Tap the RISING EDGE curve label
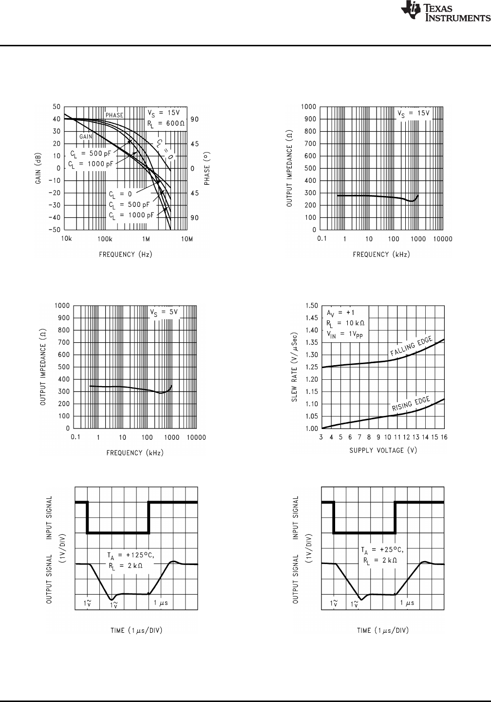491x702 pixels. pos(412,404)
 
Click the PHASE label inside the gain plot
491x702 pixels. pos(114,115)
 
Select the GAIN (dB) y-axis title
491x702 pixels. pos(38,168)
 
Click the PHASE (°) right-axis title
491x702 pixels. pos(207,168)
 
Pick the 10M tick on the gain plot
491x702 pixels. pos(187,239)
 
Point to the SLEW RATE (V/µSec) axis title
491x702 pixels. pos(295,367)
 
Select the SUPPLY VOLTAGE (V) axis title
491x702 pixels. pos(383,450)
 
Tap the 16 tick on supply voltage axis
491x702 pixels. pos(444,437)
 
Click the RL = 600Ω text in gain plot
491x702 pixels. pos(166,123)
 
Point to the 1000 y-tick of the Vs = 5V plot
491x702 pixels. pos(62,306)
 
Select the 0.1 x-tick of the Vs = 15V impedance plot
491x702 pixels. pos(322,239)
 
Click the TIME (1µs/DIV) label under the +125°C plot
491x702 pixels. pos(136,630)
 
